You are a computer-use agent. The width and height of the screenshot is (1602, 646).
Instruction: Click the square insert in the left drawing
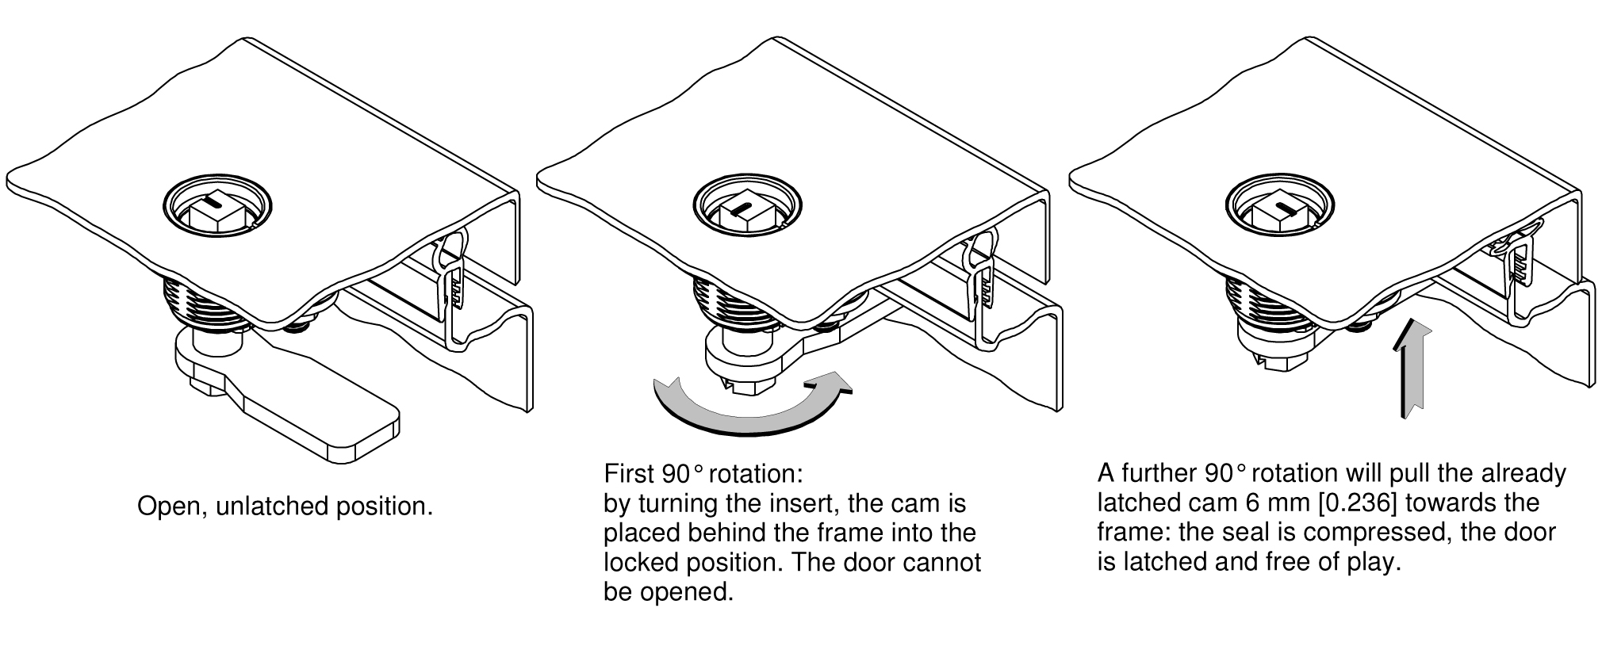[x=215, y=212]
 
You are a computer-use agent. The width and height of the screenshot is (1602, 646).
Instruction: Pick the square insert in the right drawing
[x=1275, y=211]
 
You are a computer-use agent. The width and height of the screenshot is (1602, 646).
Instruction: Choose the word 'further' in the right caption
[x=1157, y=473]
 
